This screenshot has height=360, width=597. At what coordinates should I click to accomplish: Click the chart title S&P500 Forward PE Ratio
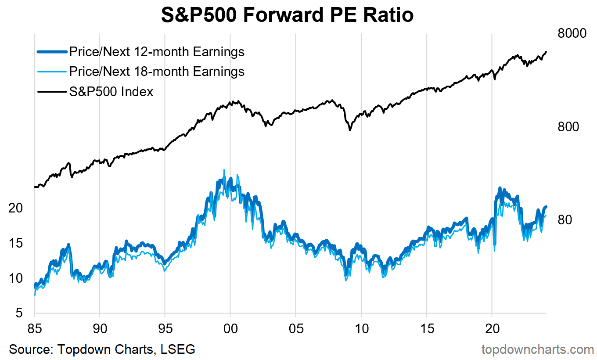tap(288, 15)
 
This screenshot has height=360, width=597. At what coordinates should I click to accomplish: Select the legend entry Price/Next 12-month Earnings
tap(157, 52)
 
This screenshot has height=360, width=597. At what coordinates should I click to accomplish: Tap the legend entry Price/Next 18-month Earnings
tap(157, 71)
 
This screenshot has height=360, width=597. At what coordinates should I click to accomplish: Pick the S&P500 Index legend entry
tap(111, 92)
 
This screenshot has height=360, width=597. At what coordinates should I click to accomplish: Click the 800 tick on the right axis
tap(568, 127)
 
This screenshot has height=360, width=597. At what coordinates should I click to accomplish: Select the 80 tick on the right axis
tap(565, 220)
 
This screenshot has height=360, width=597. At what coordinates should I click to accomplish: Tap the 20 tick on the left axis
tap(16, 208)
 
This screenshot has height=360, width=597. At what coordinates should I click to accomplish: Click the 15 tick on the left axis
tap(16, 243)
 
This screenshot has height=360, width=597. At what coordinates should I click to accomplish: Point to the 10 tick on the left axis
tap(16, 278)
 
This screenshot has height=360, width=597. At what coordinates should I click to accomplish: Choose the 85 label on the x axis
tap(34, 328)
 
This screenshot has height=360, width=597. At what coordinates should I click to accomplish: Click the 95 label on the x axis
tap(165, 328)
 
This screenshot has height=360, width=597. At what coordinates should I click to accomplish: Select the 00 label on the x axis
tap(230, 328)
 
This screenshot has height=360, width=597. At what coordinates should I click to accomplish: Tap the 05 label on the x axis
tap(296, 328)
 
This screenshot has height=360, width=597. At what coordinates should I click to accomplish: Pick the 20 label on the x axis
tap(492, 328)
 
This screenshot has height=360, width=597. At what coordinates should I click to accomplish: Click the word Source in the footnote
tap(29, 349)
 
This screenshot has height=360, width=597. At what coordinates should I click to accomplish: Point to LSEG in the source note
tap(178, 349)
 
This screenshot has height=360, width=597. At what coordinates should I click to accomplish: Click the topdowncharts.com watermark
tap(538, 349)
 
